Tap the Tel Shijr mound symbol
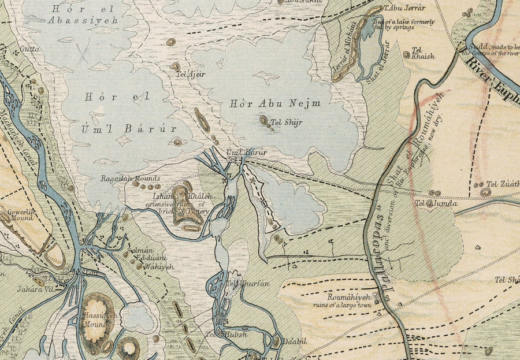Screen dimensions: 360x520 [263, 121]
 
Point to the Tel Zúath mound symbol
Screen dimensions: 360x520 [479, 185]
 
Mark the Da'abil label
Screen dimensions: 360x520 [294, 342]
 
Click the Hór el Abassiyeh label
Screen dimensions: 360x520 [83, 14]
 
